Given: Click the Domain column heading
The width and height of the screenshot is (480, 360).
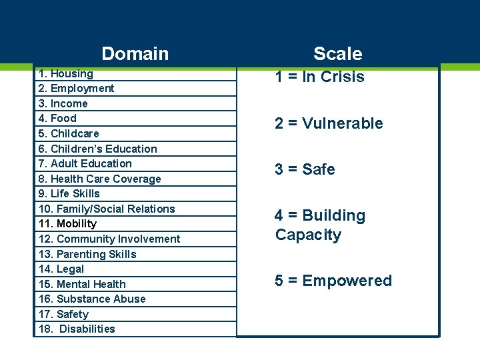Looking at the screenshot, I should click(x=135, y=53).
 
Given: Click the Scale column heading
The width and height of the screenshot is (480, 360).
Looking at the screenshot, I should click(x=337, y=53).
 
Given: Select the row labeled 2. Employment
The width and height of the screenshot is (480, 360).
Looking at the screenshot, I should click(x=76, y=89).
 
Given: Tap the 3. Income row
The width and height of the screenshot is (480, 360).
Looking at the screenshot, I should click(x=63, y=104).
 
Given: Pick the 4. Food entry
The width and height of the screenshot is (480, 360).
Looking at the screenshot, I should click(x=57, y=119).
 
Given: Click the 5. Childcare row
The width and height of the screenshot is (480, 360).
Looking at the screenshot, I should click(x=69, y=133).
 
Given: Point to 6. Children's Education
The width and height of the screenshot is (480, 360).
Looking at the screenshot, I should click(x=98, y=149).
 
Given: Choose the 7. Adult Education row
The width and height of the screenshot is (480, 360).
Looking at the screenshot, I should click(x=85, y=163).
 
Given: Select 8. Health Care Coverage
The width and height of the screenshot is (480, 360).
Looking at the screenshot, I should click(x=100, y=179).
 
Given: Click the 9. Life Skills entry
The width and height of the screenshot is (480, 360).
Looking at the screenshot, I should click(x=69, y=193).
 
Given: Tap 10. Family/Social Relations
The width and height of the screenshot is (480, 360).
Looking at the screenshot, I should click(x=107, y=209).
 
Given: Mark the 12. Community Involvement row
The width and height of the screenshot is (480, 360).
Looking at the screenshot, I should click(x=109, y=239).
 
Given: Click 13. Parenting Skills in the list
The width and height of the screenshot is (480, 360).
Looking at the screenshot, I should click(x=87, y=254).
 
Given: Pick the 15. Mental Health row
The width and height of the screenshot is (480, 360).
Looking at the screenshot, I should click(x=82, y=284).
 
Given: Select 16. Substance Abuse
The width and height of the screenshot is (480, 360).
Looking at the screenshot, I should click(x=92, y=299).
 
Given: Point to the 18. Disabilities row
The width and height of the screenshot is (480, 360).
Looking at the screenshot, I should click(x=77, y=329).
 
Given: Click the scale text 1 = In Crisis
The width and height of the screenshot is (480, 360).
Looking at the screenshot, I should click(x=320, y=77).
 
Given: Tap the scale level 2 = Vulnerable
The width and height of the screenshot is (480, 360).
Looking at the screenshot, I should click(x=329, y=123).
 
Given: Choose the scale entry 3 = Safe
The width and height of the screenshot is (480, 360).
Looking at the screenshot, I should click(x=305, y=169).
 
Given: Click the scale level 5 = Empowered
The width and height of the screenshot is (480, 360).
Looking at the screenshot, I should click(x=333, y=281).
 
